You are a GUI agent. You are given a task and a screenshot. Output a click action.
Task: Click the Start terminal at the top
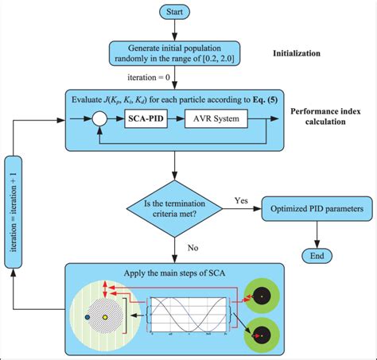(174, 12)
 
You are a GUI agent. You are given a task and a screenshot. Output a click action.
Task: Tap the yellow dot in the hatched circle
(106, 319)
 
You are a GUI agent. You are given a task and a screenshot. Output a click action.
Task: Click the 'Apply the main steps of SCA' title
(174, 275)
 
